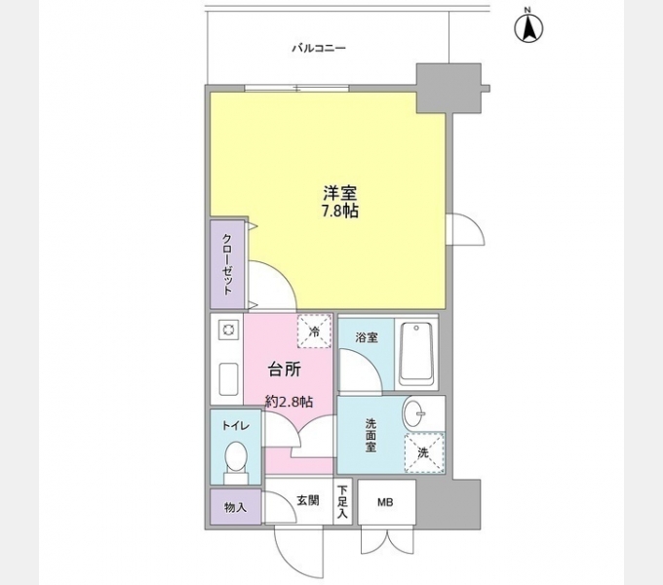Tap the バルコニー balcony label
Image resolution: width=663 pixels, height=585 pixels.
[319, 47]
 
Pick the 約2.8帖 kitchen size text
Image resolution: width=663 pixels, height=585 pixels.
[290, 401]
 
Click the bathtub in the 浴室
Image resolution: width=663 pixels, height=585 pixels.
[416, 352]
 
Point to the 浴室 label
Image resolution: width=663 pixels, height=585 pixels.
[366, 337]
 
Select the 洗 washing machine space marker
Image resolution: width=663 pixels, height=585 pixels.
[423, 451]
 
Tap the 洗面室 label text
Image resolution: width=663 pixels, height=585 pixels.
[370, 436]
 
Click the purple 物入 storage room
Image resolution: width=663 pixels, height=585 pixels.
[234, 507]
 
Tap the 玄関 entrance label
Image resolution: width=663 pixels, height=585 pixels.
[306, 500]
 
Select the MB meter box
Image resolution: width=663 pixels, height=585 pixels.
[386, 502]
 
